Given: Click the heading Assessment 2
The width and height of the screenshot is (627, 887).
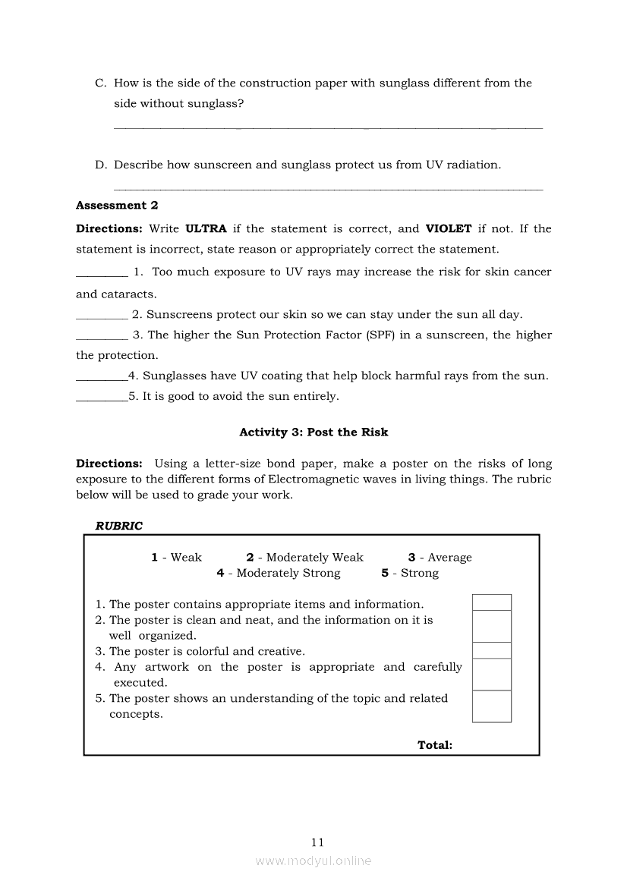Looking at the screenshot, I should (117, 205).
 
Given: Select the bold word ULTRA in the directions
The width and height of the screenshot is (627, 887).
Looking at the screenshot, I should (206, 228).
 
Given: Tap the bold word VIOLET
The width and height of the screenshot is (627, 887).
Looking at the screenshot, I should (449, 228).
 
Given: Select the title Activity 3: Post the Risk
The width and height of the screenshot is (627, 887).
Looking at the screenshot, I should (313, 432).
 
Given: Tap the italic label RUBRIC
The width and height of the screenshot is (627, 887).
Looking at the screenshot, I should (118, 525).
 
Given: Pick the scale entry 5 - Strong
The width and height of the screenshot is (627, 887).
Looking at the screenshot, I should (410, 573).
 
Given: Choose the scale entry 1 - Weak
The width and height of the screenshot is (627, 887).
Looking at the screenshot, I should (176, 557).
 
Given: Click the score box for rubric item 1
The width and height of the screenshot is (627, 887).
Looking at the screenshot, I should (491, 602).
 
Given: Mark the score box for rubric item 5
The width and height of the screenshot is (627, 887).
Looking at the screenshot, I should (491, 706).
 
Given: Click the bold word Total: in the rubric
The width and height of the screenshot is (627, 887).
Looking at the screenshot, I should (435, 745).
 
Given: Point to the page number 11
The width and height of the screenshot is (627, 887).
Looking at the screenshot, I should (317, 841).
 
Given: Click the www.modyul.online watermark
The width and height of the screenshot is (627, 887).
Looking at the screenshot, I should (313, 860).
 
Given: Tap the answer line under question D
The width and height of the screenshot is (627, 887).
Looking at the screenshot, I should (328, 189).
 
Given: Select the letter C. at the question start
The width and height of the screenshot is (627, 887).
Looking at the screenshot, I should (100, 83).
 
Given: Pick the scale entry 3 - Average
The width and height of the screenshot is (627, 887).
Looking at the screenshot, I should (440, 557).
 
